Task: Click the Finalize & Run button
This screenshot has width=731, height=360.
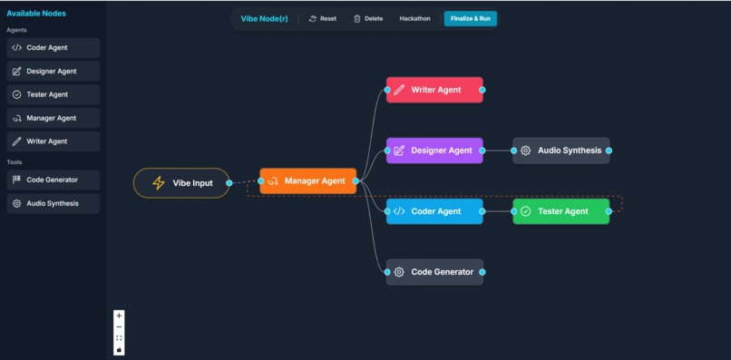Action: (x=470, y=18)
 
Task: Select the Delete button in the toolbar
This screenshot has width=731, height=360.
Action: (x=368, y=18)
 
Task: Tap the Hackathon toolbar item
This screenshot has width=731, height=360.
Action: (x=414, y=18)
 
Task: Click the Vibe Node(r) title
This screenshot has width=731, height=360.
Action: (x=264, y=18)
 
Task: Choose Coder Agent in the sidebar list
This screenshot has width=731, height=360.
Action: (x=53, y=48)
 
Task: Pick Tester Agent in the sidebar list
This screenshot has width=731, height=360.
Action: (x=53, y=94)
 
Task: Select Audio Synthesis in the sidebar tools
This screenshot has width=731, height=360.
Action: (x=53, y=203)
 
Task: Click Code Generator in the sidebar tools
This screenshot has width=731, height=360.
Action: (x=53, y=180)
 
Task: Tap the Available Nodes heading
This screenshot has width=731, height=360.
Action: (x=36, y=14)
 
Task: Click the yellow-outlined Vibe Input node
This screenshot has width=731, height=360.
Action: (x=181, y=183)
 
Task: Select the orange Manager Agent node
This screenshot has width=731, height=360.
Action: (x=307, y=181)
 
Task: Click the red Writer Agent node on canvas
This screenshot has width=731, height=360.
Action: (x=434, y=90)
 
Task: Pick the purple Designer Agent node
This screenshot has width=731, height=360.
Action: (x=434, y=151)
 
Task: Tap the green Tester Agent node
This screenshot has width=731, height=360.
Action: (x=561, y=211)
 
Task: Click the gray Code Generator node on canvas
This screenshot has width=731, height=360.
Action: (x=434, y=272)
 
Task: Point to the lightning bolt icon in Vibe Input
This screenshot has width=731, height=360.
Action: (x=159, y=183)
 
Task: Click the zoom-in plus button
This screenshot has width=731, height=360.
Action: (x=119, y=316)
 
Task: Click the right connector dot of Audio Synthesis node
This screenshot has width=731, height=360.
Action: (x=609, y=151)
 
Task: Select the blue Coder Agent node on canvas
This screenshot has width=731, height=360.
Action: (x=434, y=211)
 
